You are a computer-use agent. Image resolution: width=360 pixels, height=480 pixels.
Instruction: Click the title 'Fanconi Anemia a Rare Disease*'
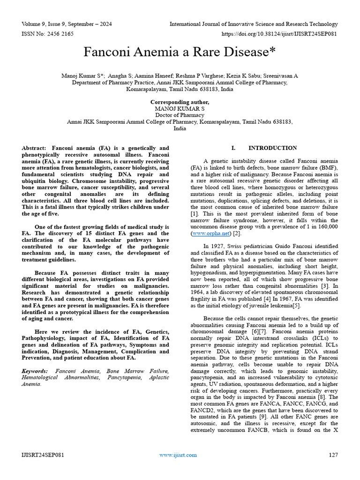pos(180,52)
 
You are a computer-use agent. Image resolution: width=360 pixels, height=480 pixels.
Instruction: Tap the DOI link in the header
pos(279,34)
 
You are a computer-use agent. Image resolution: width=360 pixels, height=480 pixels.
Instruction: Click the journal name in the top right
pos(253,24)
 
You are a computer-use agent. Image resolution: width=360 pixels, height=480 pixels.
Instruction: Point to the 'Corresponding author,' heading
pos(180,102)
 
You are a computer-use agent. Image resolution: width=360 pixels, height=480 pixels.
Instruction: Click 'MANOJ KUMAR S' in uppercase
pos(180,108)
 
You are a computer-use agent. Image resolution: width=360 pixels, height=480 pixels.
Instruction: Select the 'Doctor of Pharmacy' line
pos(180,115)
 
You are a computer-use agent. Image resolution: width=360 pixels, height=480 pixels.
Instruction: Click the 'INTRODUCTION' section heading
pos(272,148)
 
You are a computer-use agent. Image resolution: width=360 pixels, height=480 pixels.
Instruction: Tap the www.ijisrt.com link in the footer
pos(178,455)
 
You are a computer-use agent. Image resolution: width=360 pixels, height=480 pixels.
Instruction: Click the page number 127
pos(333,455)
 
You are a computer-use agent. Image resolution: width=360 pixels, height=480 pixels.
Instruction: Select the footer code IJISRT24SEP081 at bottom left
pos(43,455)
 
